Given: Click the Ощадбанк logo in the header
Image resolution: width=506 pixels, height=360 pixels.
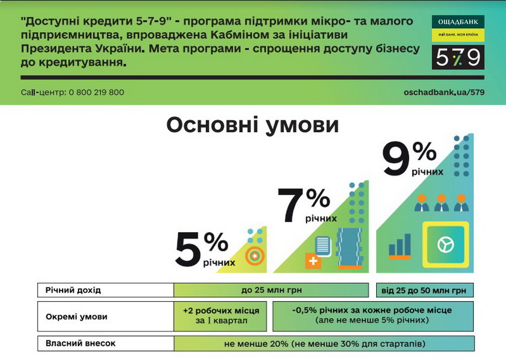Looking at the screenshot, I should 457,28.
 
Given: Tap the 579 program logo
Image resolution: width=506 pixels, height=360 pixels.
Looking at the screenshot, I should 457,57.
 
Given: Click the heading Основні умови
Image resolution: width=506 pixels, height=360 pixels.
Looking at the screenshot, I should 252,126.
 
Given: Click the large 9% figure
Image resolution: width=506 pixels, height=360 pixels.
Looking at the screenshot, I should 410,159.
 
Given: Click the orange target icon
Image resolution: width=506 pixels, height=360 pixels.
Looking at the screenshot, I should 255,255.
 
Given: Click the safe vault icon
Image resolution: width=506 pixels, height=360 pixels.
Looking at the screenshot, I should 445,245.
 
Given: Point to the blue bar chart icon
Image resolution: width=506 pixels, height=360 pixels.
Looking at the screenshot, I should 399,246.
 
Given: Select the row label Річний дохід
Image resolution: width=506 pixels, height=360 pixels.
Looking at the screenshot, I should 73,290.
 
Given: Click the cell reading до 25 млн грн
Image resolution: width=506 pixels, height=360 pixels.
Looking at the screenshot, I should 271,290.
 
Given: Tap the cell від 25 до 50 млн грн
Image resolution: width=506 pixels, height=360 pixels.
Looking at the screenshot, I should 424,290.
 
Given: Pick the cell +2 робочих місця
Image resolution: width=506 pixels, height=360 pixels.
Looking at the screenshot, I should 221,316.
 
